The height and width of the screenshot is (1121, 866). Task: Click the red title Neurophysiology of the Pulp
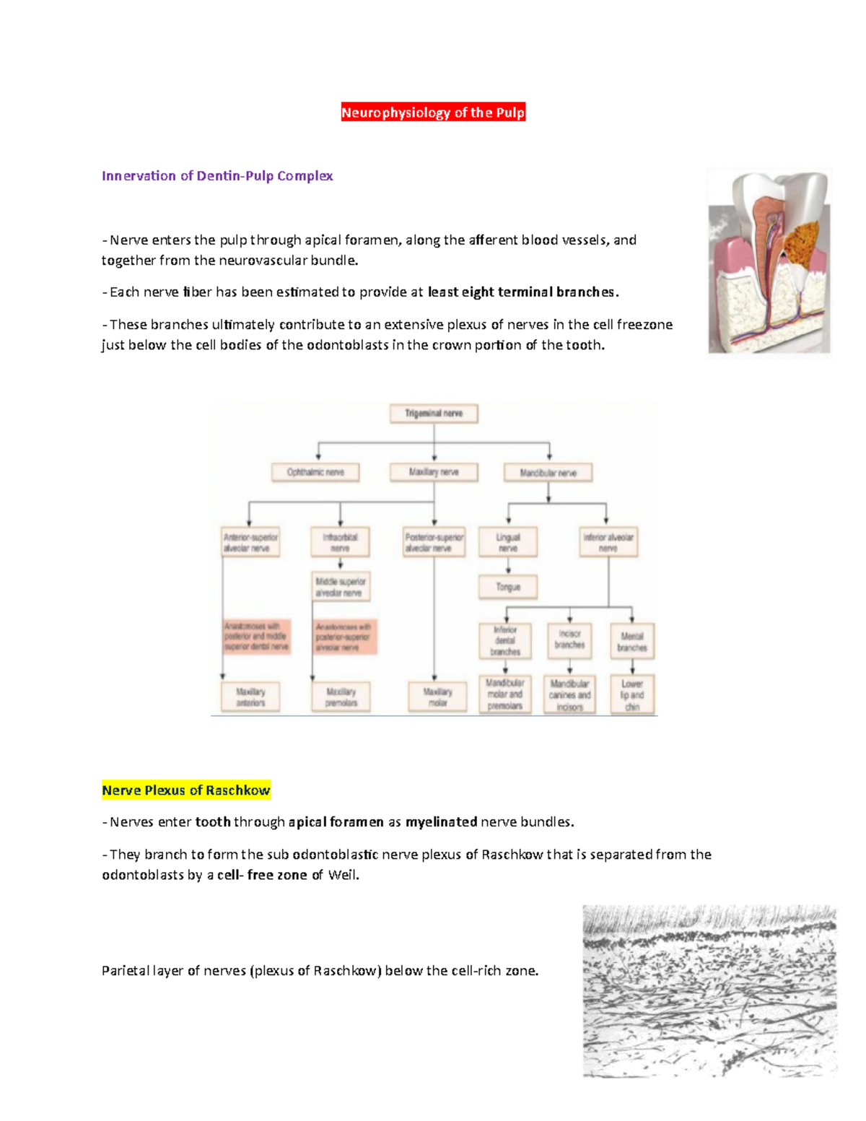(433, 113)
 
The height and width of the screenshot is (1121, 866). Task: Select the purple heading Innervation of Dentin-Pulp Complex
(217, 176)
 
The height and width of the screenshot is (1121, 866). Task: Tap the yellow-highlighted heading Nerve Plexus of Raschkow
(186, 790)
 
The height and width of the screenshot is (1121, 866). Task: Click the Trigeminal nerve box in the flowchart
(434, 414)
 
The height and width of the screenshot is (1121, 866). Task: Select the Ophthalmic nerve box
(315, 472)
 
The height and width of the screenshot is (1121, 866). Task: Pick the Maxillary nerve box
(434, 472)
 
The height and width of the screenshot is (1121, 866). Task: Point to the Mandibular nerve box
(548, 473)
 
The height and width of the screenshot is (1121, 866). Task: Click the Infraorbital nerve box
(340, 542)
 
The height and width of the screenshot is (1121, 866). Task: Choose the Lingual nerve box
(508, 542)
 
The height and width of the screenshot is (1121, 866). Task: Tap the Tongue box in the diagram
(508, 587)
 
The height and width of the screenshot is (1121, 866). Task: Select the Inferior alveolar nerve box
(608, 542)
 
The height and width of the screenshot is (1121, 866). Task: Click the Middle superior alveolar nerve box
(341, 587)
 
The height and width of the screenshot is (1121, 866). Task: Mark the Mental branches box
(632, 642)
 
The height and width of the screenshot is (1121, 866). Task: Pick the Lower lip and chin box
(632, 695)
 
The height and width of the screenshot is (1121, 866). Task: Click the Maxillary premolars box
(341, 697)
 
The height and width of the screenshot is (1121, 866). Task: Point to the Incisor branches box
(569, 640)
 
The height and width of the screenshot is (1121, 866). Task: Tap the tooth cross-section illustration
(769, 261)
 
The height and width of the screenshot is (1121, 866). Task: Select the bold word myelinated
(441, 822)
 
